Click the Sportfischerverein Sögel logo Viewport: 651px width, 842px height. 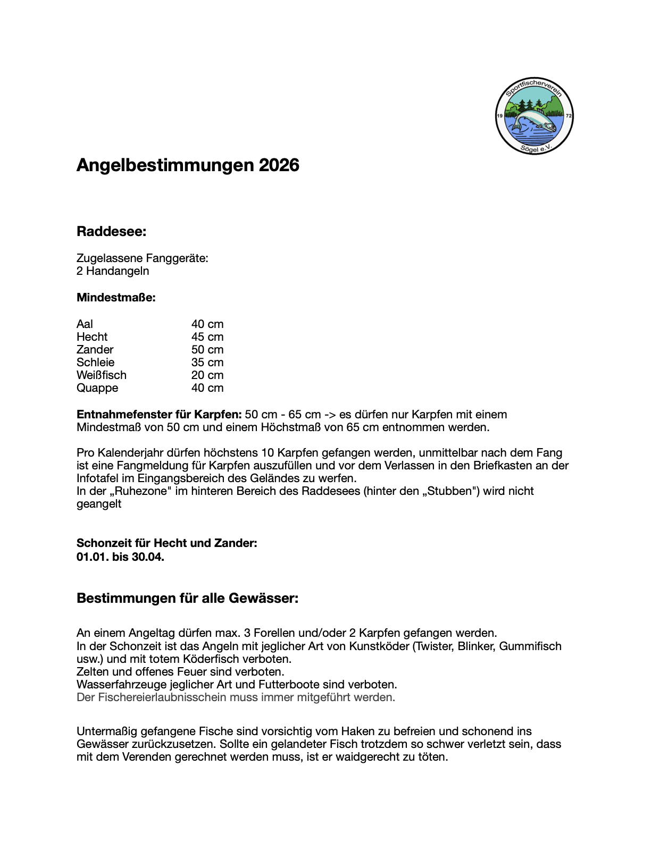534,115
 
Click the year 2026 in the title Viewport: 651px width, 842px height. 279,165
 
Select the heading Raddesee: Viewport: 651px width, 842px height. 111,231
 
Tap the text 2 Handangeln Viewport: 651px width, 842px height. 113,271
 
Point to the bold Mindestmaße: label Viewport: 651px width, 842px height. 116,298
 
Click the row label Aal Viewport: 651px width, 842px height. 85,324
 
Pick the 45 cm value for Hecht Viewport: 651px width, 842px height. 207,337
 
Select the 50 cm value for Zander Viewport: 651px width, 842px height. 207,350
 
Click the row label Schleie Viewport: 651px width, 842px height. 95,363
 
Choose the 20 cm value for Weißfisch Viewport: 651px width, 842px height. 207,375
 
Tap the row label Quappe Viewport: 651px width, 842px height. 97,388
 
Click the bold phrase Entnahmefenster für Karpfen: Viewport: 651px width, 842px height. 159,415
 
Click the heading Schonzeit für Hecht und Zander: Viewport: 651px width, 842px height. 166,543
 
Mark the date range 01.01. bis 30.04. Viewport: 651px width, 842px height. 120,557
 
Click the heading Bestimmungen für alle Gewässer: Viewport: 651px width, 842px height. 187,599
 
